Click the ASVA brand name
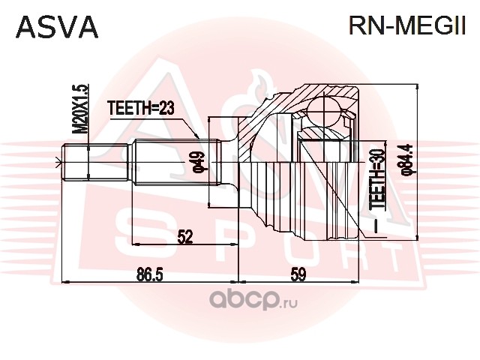(x=57, y=27)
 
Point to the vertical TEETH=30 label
(x=377, y=179)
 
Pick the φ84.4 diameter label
(x=409, y=160)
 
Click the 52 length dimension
(x=184, y=237)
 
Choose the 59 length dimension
(x=298, y=274)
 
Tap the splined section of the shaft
(x=177, y=162)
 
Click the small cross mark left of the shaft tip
(x=58, y=162)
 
